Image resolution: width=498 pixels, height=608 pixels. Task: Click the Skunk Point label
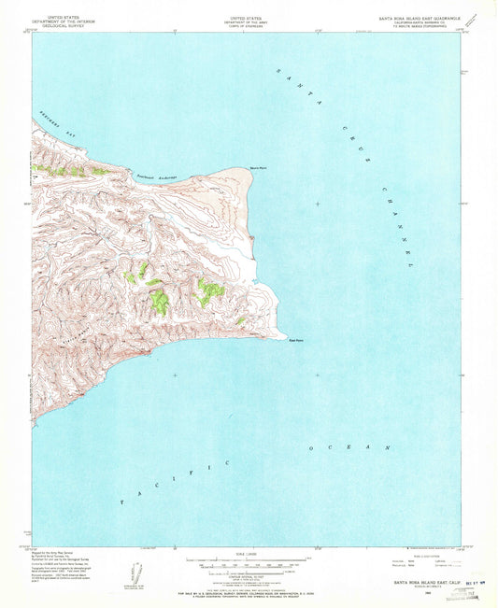tap(249, 168)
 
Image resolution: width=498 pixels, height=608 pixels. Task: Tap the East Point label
tap(296, 338)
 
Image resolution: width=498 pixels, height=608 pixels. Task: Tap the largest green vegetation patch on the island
tap(161, 301)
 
